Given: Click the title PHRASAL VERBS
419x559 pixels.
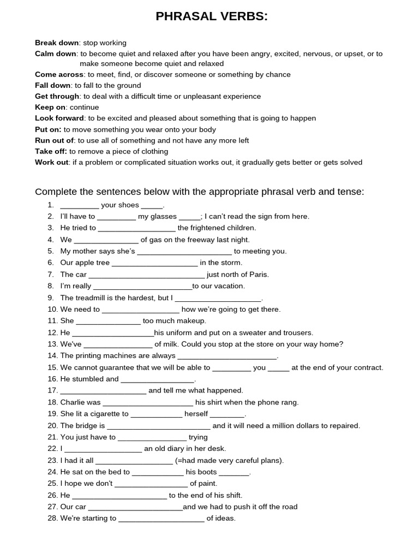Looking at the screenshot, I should point(212,17).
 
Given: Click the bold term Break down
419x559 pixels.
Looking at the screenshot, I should point(57,43).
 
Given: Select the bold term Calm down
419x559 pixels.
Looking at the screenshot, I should point(56,53).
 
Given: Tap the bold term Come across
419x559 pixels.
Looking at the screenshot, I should point(59,74).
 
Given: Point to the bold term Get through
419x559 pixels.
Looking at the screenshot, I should point(57,96).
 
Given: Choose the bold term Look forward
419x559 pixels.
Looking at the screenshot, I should point(59,118).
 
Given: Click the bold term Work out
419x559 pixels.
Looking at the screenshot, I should point(52,162).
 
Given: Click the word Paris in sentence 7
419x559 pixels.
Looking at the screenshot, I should point(259,274).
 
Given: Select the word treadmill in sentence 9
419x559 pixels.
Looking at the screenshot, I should point(91,298).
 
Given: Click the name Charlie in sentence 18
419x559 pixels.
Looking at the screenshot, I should point(73,402).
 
